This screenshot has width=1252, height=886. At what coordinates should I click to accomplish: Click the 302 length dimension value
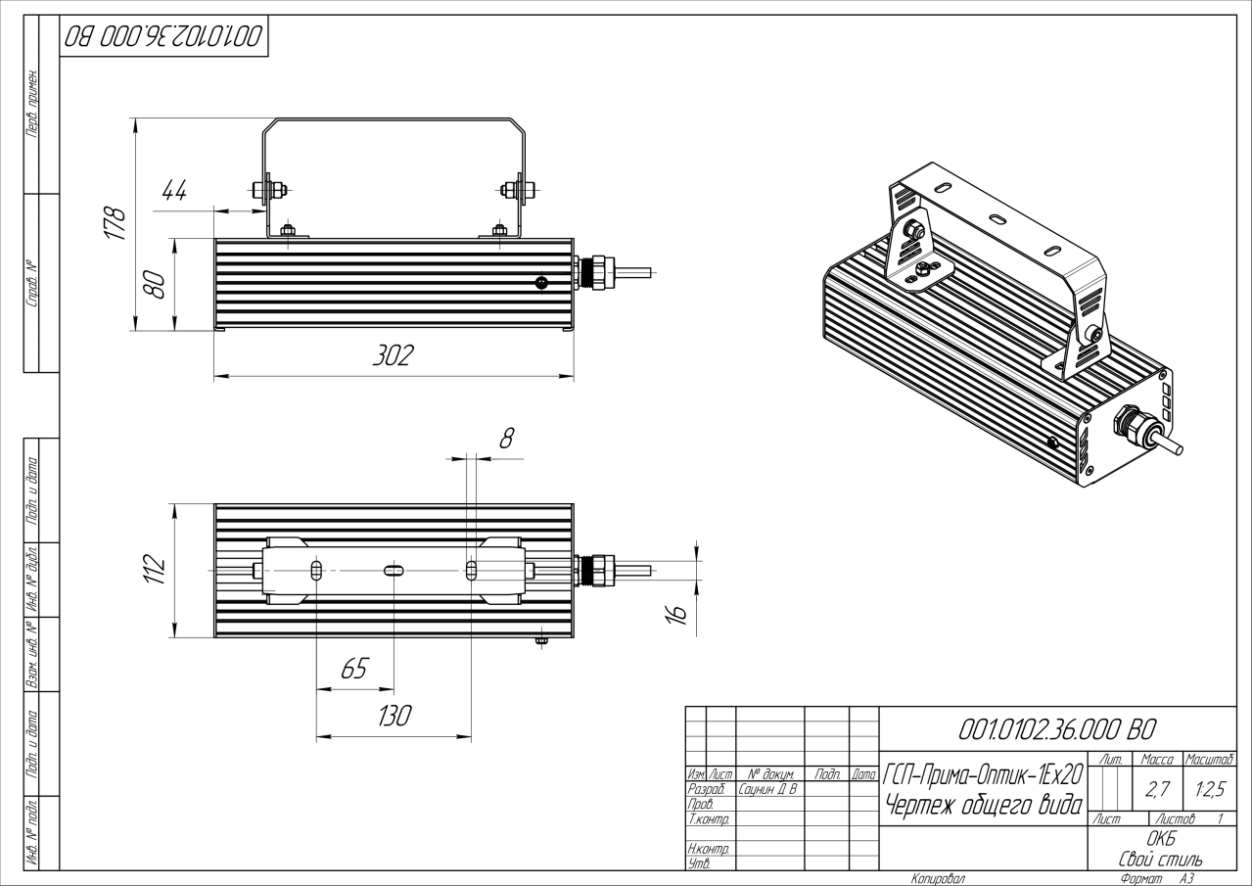(393, 356)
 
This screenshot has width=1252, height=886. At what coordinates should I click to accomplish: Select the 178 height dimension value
(116, 224)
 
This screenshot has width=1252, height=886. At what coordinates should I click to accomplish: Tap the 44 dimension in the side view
(173, 191)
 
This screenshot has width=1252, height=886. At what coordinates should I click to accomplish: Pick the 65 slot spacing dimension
(353, 669)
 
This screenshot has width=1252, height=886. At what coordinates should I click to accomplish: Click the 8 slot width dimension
(506, 438)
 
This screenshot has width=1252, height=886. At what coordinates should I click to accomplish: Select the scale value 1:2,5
(1207, 788)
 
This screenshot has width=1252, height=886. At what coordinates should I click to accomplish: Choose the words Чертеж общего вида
(983, 806)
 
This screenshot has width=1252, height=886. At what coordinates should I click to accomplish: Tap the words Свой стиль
(1160, 859)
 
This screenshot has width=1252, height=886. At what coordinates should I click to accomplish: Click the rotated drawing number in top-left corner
(164, 37)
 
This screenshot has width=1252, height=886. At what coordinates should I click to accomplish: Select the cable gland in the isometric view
(1134, 423)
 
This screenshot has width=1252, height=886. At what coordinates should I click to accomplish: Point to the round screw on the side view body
(542, 283)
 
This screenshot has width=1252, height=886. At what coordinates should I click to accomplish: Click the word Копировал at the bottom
(938, 879)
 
